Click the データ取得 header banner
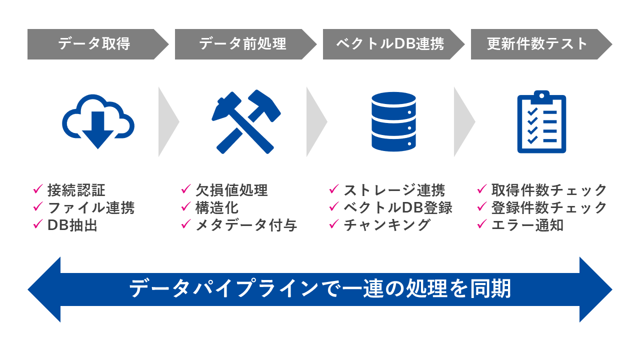[x=95, y=44]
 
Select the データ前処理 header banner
[x=243, y=44]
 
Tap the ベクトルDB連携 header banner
[x=390, y=44]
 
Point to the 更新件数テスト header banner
[x=538, y=44]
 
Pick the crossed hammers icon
[x=245, y=121]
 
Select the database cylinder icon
[x=393, y=121]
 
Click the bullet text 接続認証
[x=76, y=190]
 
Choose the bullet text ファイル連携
[x=91, y=207]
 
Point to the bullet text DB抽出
[x=72, y=225]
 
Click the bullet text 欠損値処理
[x=231, y=190]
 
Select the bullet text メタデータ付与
[x=246, y=225]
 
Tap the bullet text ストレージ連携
[x=394, y=190]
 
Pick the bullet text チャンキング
[x=387, y=225]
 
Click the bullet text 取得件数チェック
[x=549, y=190]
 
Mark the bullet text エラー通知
[x=527, y=225]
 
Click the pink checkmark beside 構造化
[x=185, y=207]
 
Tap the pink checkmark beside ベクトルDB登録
[x=333, y=207]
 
